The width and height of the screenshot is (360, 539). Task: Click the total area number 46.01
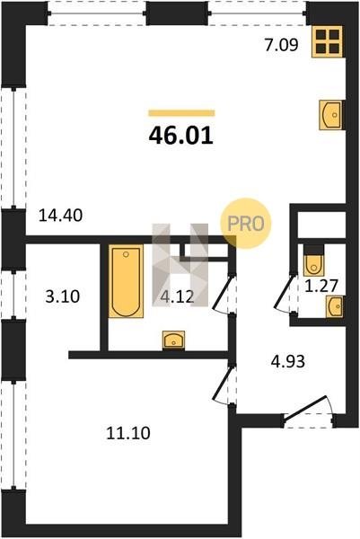pyautogui.click(x=181, y=136)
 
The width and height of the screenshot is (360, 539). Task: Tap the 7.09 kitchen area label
pyautogui.click(x=281, y=45)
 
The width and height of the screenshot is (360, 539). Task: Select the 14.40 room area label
pyautogui.click(x=60, y=216)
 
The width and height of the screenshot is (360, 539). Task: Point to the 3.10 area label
pyautogui.click(x=63, y=296)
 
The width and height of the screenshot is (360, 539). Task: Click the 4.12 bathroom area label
pyautogui.click(x=177, y=296)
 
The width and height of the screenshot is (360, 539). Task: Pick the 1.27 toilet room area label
pyautogui.click(x=322, y=286)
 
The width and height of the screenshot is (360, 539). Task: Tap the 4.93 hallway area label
pyautogui.click(x=288, y=362)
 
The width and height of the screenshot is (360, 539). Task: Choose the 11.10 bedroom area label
pyautogui.click(x=128, y=433)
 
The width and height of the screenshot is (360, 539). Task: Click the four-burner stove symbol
pyautogui.click(x=328, y=41)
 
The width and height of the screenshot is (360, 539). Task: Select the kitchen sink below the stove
pyautogui.click(x=331, y=115)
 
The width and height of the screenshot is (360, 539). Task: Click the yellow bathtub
pyautogui.click(x=126, y=281)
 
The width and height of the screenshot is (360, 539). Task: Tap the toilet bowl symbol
pyautogui.click(x=313, y=261)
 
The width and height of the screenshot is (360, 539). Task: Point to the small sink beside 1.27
pyautogui.click(x=335, y=306)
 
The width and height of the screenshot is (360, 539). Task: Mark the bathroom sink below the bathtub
pyautogui.click(x=173, y=340)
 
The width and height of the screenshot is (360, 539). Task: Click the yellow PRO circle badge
pyautogui.click(x=246, y=224)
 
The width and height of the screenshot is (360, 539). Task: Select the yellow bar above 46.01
pyautogui.click(x=181, y=113)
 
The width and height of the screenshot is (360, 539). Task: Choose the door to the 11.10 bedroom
pyautogui.click(x=224, y=384)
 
